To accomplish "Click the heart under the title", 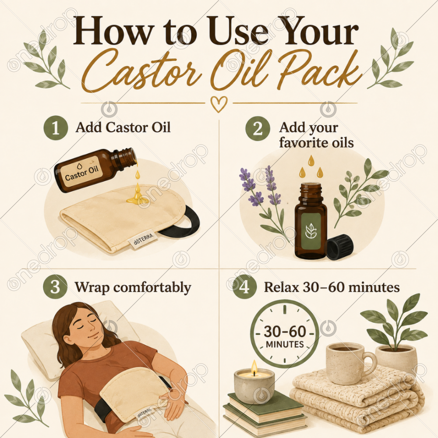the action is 219,104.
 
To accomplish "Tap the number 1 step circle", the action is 56,128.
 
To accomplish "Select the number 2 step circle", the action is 258,128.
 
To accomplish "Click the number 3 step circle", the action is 55,286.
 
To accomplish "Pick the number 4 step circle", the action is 244,287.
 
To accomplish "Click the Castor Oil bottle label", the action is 81,172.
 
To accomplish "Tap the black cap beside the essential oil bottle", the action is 340,247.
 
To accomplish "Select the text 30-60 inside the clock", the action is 285,332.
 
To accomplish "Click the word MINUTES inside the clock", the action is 285,344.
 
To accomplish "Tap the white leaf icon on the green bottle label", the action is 311,231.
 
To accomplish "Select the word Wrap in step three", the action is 92,287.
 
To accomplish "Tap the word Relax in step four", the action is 281,287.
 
